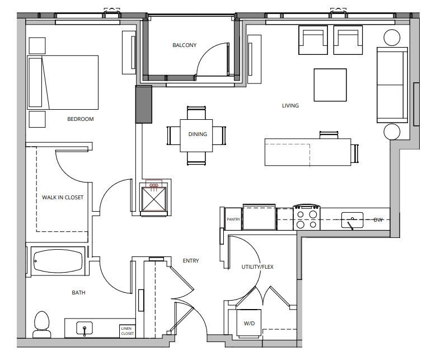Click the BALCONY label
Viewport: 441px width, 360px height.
coord(184,45)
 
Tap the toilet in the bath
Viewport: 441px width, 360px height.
coord(41,324)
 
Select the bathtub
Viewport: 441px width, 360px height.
coord(58,261)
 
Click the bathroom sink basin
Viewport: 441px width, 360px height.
coord(85,329)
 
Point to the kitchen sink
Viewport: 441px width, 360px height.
coord(352,220)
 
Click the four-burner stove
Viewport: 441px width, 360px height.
coord(307,217)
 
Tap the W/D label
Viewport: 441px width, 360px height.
coord(249,324)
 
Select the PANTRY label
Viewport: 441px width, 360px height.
coord(233,219)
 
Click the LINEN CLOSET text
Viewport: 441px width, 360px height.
coord(128,331)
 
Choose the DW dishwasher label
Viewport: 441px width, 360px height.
coord(378,220)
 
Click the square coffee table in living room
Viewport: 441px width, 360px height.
coord(330,85)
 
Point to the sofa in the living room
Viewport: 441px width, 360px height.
coord(392,85)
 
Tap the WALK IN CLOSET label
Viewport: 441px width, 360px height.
coord(63,197)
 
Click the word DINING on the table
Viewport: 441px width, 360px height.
coord(198,134)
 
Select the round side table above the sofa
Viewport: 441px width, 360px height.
coord(392,38)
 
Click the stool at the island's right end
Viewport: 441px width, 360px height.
coord(355,153)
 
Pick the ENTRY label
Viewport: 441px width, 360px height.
coord(191,261)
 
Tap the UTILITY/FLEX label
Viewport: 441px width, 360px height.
coord(257,267)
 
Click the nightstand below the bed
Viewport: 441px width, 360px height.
coord(37,119)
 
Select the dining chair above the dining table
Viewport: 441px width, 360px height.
coord(196,113)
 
